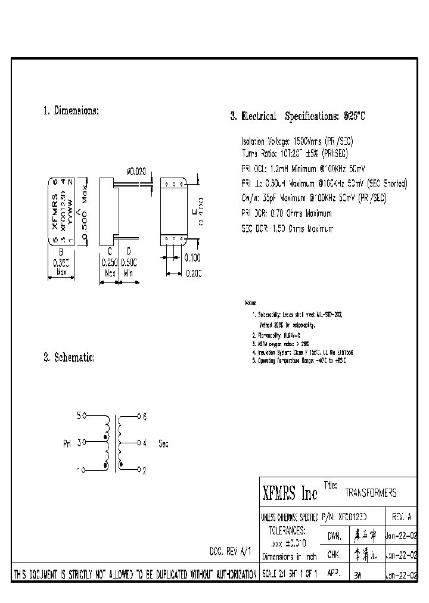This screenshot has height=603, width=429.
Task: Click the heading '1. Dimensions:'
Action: (71, 111)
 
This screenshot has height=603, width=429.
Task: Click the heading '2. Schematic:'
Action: (69, 358)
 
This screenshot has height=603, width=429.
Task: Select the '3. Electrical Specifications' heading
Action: (297, 116)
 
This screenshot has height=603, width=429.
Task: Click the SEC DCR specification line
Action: (287, 228)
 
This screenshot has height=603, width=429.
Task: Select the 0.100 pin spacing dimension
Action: (192, 257)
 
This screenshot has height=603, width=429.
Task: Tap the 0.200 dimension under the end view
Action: (193, 273)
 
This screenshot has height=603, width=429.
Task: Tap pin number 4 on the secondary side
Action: (144, 443)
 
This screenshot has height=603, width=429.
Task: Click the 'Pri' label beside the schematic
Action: (67, 443)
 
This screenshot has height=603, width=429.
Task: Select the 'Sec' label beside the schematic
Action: (164, 443)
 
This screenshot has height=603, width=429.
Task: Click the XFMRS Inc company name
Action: (290, 493)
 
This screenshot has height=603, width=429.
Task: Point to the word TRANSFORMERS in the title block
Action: (371, 493)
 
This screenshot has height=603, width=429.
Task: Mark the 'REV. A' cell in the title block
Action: (401, 517)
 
